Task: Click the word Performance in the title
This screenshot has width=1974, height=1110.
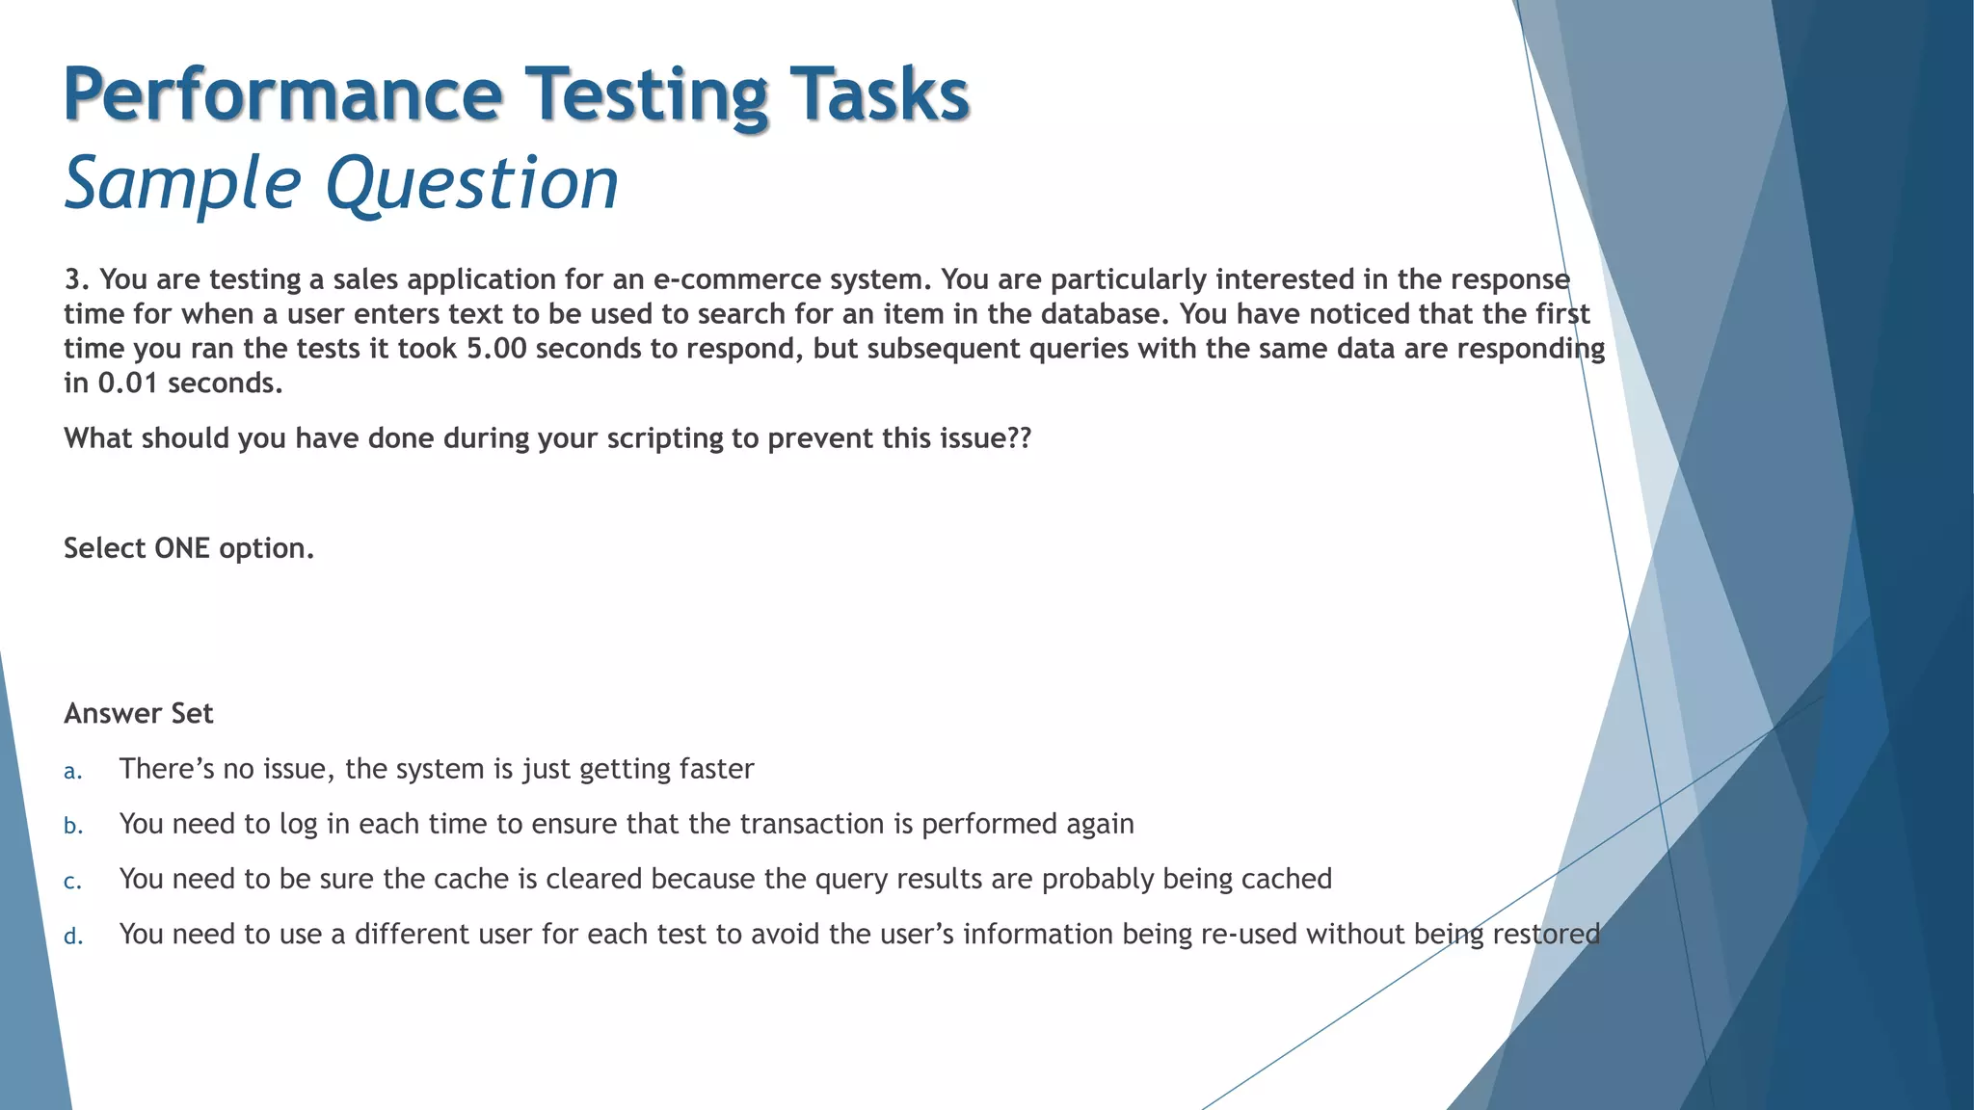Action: pos(282,94)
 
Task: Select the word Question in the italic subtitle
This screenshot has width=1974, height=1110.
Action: pos(471,183)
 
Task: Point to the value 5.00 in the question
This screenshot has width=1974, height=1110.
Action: pos(496,349)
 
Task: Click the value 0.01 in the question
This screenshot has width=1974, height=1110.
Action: pos(128,383)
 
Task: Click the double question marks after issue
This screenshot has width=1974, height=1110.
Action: pos(1019,438)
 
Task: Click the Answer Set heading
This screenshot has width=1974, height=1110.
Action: pos(139,714)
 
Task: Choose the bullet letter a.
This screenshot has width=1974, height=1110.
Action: pos(72,771)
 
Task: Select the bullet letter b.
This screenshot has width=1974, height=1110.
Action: pos(73,826)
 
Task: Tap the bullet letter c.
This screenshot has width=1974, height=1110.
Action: pos(72,881)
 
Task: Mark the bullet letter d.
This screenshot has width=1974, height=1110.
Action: pos(73,936)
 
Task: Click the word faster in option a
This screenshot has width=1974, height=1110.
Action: pos(716,769)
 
